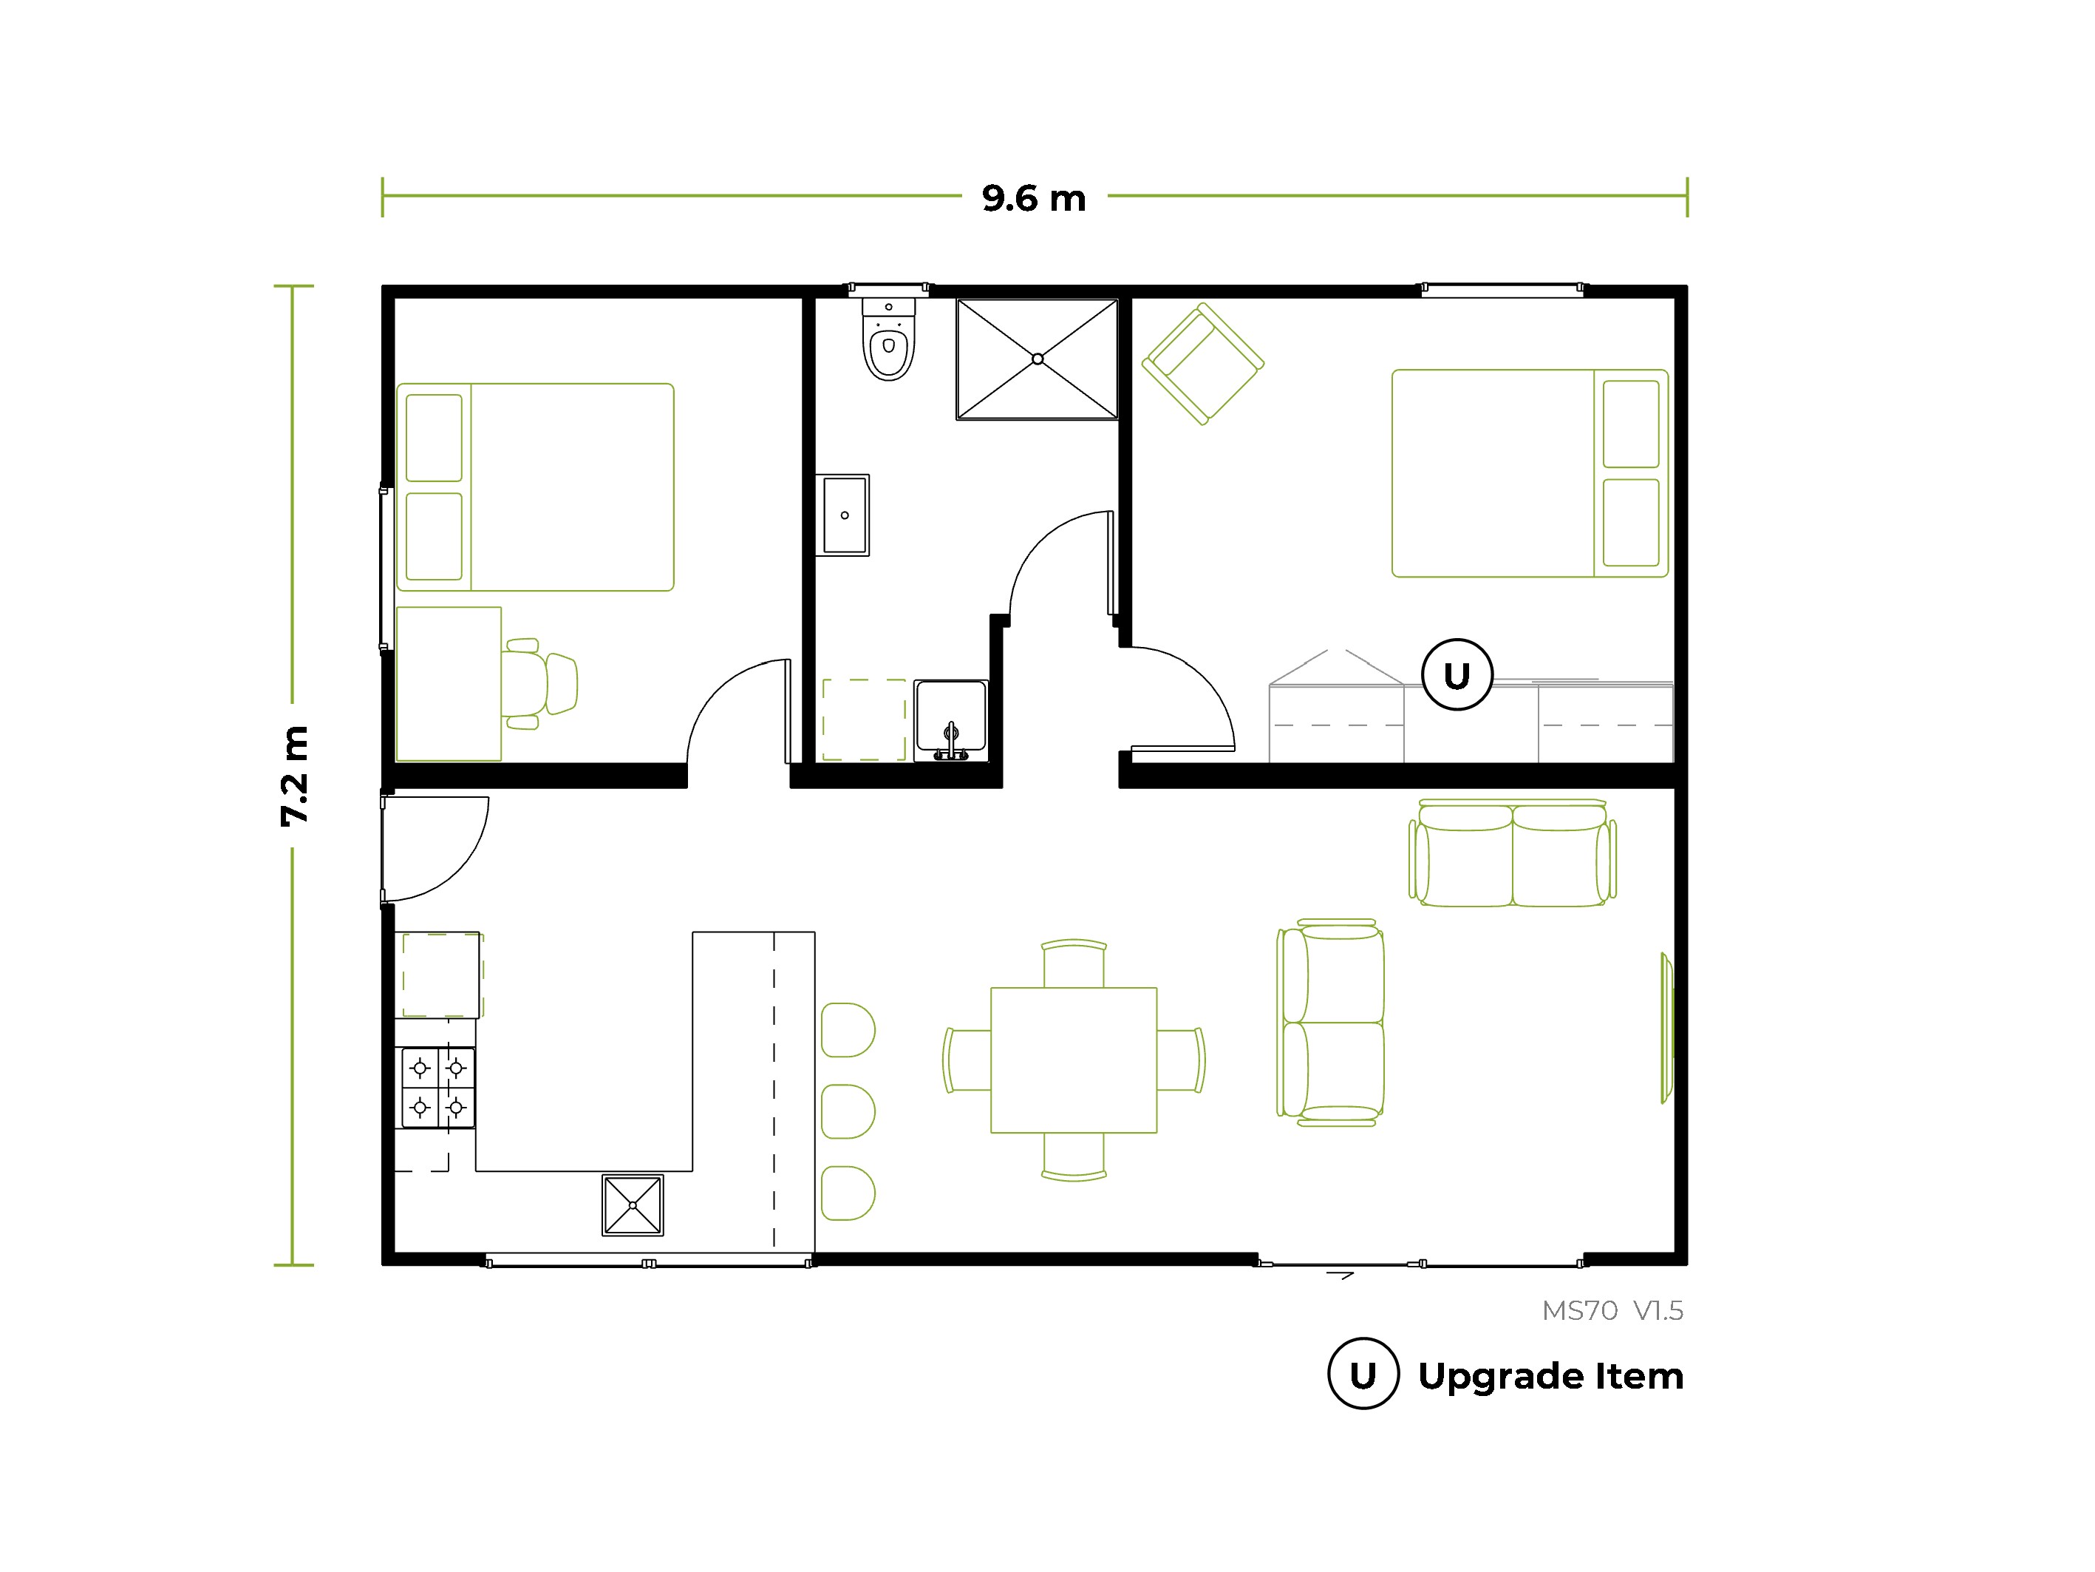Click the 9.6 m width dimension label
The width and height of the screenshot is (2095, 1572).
click(x=1033, y=198)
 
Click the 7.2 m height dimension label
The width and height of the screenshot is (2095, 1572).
click(x=295, y=776)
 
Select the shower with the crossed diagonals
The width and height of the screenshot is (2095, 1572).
click(x=1037, y=359)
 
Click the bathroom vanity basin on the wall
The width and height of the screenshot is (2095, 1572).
click(x=843, y=515)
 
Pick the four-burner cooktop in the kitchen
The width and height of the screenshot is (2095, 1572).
click(x=437, y=1087)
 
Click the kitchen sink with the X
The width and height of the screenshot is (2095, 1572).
click(x=633, y=1205)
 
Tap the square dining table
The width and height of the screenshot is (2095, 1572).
click(x=1073, y=1060)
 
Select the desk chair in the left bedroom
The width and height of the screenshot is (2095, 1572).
click(x=539, y=683)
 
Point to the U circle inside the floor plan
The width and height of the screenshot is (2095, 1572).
click(x=1457, y=674)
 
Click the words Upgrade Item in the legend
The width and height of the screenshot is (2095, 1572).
click(x=1550, y=1376)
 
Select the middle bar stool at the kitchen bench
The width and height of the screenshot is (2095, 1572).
click(x=848, y=1111)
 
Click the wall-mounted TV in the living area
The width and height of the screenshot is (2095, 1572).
click(x=1667, y=1028)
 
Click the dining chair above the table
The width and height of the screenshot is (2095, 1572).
click(x=1074, y=963)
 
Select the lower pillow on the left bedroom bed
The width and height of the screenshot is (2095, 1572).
click(x=434, y=535)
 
